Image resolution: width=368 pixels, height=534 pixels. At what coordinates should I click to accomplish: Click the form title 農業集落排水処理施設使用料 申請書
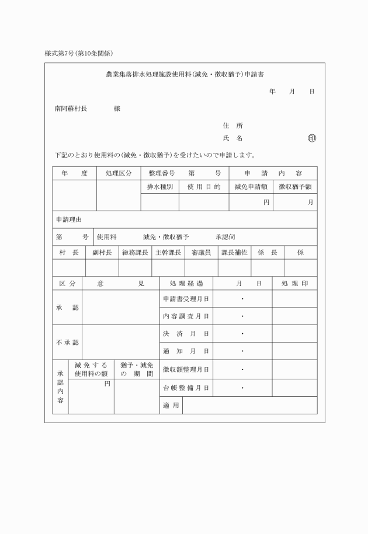pyautogui.click(x=185, y=75)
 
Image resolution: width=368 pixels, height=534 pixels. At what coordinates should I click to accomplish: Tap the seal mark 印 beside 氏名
pyautogui.click(x=311, y=139)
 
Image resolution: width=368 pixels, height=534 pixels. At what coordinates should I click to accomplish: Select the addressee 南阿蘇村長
pyautogui.click(x=70, y=109)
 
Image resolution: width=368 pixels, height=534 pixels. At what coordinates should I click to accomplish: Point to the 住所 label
pyautogui.click(x=232, y=125)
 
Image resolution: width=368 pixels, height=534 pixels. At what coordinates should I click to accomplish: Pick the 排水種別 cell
pyautogui.click(x=159, y=187)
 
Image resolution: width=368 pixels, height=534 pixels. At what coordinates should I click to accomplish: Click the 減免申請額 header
pyautogui.click(x=251, y=187)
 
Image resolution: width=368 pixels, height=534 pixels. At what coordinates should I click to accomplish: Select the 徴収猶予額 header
pyautogui.click(x=295, y=187)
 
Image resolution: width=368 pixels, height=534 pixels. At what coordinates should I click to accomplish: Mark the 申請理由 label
pyautogui.click(x=69, y=219)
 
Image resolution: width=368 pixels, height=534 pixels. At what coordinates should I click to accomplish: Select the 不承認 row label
pyautogui.click(x=67, y=342)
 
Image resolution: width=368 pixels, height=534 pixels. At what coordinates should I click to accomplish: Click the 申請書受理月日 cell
pyautogui.click(x=186, y=299)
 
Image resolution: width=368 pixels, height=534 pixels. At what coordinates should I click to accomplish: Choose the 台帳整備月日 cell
pyautogui.click(x=186, y=388)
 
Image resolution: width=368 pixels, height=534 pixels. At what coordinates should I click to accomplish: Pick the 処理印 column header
pyautogui.click(x=294, y=283)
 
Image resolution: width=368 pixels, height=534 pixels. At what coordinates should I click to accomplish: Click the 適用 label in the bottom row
pyautogui.click(x=171, y=405)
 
